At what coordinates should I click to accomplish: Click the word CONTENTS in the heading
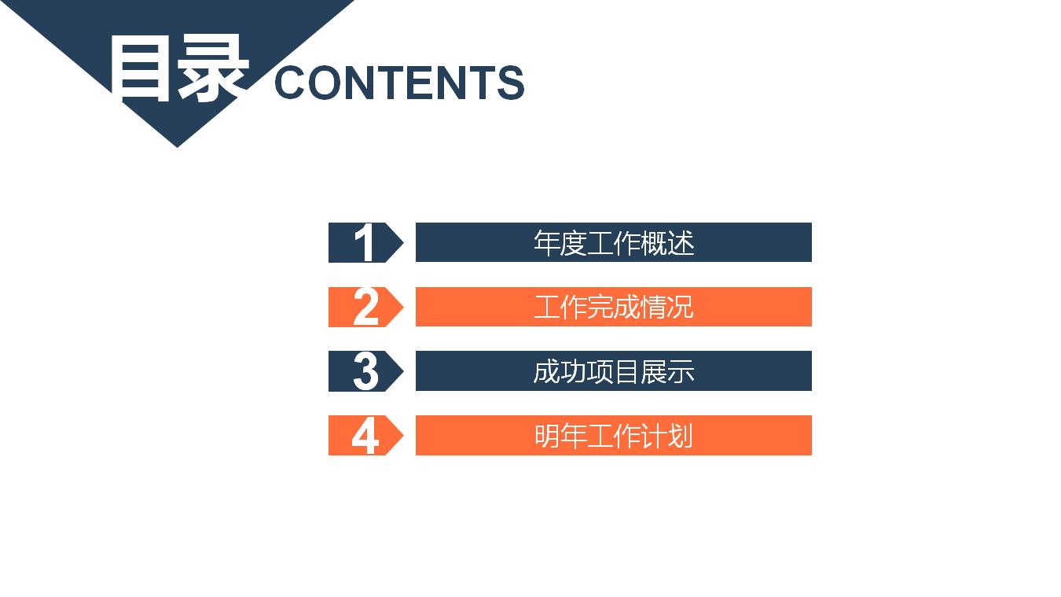pyautogui.click(x=399, y=83)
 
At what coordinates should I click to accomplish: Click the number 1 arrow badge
pyautogui.click(x=365, y=242)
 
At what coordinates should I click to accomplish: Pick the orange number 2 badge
pyautogui.click(x=365, y=307)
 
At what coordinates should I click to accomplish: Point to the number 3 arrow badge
pyautogui.click(x=365, y=371)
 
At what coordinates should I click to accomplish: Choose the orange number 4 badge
pyautogui.click(x=365, y=435)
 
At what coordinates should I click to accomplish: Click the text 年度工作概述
pyautogui.click(x=614, y=242)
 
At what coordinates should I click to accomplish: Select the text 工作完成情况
pyautogui.click(x=614, y=307)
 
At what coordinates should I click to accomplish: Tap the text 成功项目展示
pyautogui.click(x=614, y=371)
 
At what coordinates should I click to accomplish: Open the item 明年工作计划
pyautogui.click(x=614, y=435)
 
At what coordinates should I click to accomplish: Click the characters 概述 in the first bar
pyautogui.click(x=668, y=242)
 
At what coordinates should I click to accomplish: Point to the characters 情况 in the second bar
pyautogui.click(x=668, y=307)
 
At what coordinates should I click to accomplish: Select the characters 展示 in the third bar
pyautogui.click(x=668, y=371)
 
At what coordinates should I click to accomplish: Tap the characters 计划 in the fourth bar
pyautogui.click(x=668, y=435)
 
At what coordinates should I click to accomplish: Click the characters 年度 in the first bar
pyautogui.click(x=560, y=242)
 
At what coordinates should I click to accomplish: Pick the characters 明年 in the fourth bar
pyautogui.click(x=560, y=435)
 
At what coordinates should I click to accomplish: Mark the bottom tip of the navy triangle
pyautogui.click(x=177, y=146)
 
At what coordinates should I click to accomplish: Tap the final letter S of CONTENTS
pyautogui.click(x=510, y=83)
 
